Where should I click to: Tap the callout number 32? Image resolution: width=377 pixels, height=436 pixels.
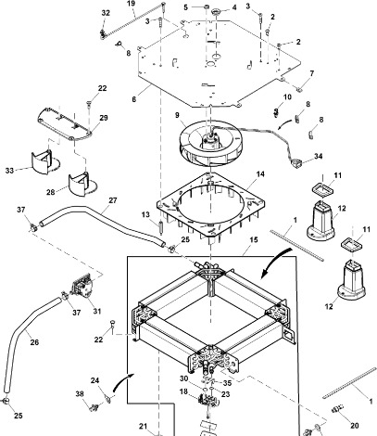(x=105, y=13)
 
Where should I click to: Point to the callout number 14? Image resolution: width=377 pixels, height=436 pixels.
(x=260, y=174)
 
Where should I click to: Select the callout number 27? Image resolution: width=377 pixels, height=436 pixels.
(x=113, y=200)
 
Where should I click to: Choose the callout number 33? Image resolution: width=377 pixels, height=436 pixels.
(x=36, y=170)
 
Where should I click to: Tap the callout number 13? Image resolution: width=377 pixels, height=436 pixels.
(x=145, y=215)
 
